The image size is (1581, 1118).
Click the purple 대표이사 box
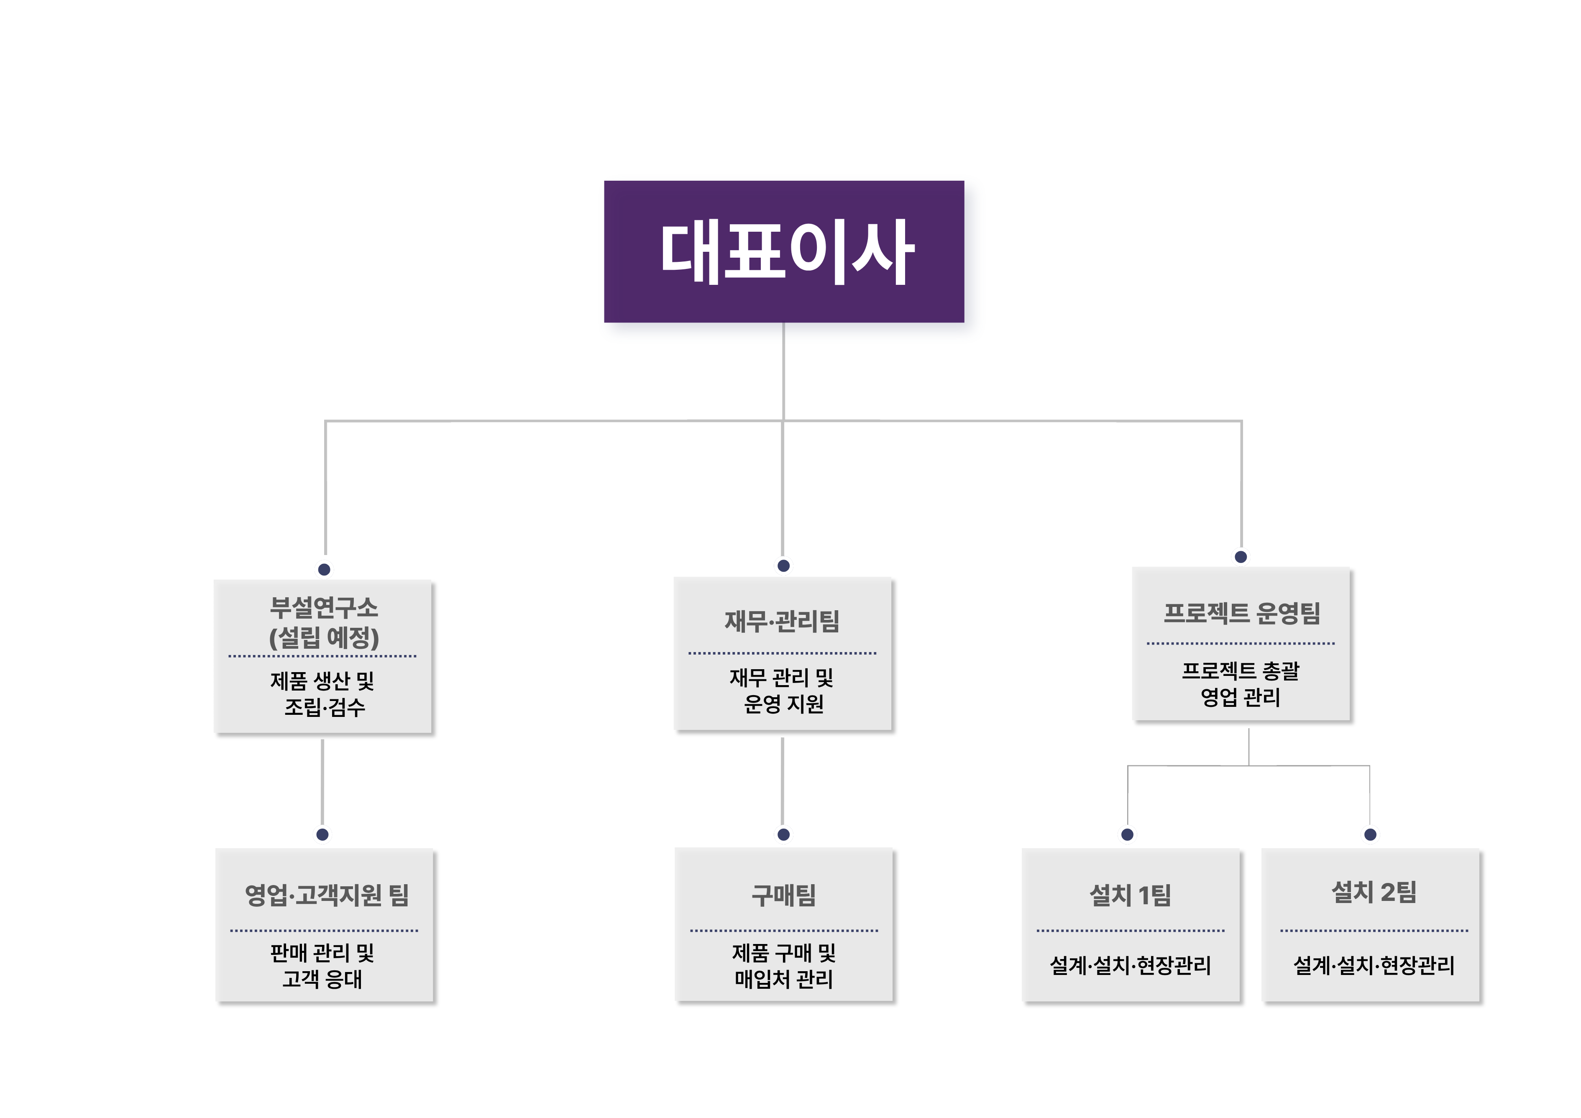coord(784,251)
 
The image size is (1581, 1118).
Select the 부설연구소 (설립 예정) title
coord(324,622)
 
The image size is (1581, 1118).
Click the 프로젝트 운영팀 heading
coord(1241,613)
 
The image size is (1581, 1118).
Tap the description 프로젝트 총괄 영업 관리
coord(1241,683)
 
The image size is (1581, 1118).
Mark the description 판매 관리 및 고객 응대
coord(322,966)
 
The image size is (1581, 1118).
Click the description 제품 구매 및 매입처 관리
coord(784,966)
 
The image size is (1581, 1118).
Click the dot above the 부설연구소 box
coord(324,569)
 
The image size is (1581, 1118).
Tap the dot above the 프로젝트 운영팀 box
coord(1241,557)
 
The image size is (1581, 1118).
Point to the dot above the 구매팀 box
coord(784,834)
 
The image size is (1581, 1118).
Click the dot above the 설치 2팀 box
coord(1370,834)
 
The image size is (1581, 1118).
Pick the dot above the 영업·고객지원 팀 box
coord(322,834)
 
